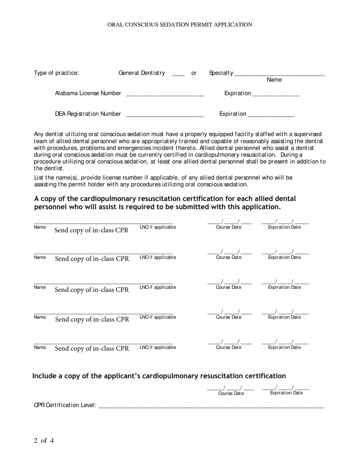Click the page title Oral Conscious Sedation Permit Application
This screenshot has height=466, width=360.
pyautogui.click(x=180, y=25)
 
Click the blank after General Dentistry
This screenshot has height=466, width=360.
pyautogui.click(x=178, y=74)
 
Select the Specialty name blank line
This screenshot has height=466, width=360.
pyautogui.click(x=279, y=74)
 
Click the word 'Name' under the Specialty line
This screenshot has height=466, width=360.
pyautogui.click(x=274, y=80)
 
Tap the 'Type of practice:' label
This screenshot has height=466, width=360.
pyautogui.click(x=56, y=73)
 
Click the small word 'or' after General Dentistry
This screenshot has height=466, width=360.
pyautogui.click(x=194, y=73)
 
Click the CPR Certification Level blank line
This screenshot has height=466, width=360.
pyautogui.click(x=211, y=406)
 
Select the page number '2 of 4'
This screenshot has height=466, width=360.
pyautogui.click(x=44, y=441)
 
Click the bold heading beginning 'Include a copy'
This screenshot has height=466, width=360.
pyautogui.click(x=159, y=376)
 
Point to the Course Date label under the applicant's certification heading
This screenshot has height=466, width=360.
pyautogui.click(x=231, y=393)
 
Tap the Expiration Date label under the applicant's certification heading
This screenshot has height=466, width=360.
pyautogui.click(x=286, y=393)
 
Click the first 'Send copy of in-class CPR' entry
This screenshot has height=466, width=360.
pyautogui.click(x=91, y=230)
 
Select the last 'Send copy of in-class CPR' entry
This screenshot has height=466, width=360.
pyautogui.click(x=92, y=348)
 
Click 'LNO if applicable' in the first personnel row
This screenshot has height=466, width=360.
pyautogui.click(x=158, y=227)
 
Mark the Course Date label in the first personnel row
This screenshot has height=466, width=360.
pyautogui.click(x=228, y=227)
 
